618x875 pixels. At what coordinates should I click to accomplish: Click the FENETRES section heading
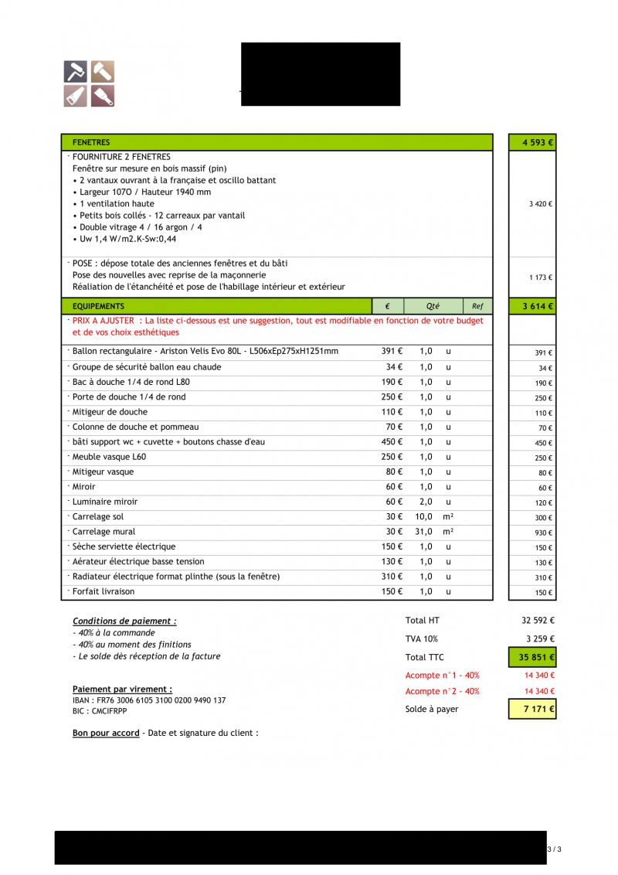coord(91,143)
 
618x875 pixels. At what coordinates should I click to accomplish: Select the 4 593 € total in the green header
coord(538,143)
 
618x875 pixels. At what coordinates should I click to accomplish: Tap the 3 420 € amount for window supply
coord(540,204)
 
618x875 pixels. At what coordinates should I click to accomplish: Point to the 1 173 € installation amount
coord(540,277)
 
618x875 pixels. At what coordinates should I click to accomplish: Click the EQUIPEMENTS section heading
coord(98,306)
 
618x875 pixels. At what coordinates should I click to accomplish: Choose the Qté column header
coord(432,306)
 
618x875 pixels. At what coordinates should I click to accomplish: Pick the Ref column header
coord(477,306)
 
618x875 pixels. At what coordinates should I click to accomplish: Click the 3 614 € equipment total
coord(538,307)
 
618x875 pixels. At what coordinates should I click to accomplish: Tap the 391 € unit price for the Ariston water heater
coord(392,352)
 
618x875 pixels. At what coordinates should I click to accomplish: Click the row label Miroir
coord(83,487)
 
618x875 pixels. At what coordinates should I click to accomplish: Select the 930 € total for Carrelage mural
coord(543,533)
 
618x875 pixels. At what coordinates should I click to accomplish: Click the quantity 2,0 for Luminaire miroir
coord(426,502)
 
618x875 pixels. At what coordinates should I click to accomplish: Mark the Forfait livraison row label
coord(103,592)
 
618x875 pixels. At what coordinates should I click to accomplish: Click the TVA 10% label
coord(421,639)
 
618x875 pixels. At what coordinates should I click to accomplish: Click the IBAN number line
coord(149,700)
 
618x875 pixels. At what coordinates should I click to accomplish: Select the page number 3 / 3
coord(554,849)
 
